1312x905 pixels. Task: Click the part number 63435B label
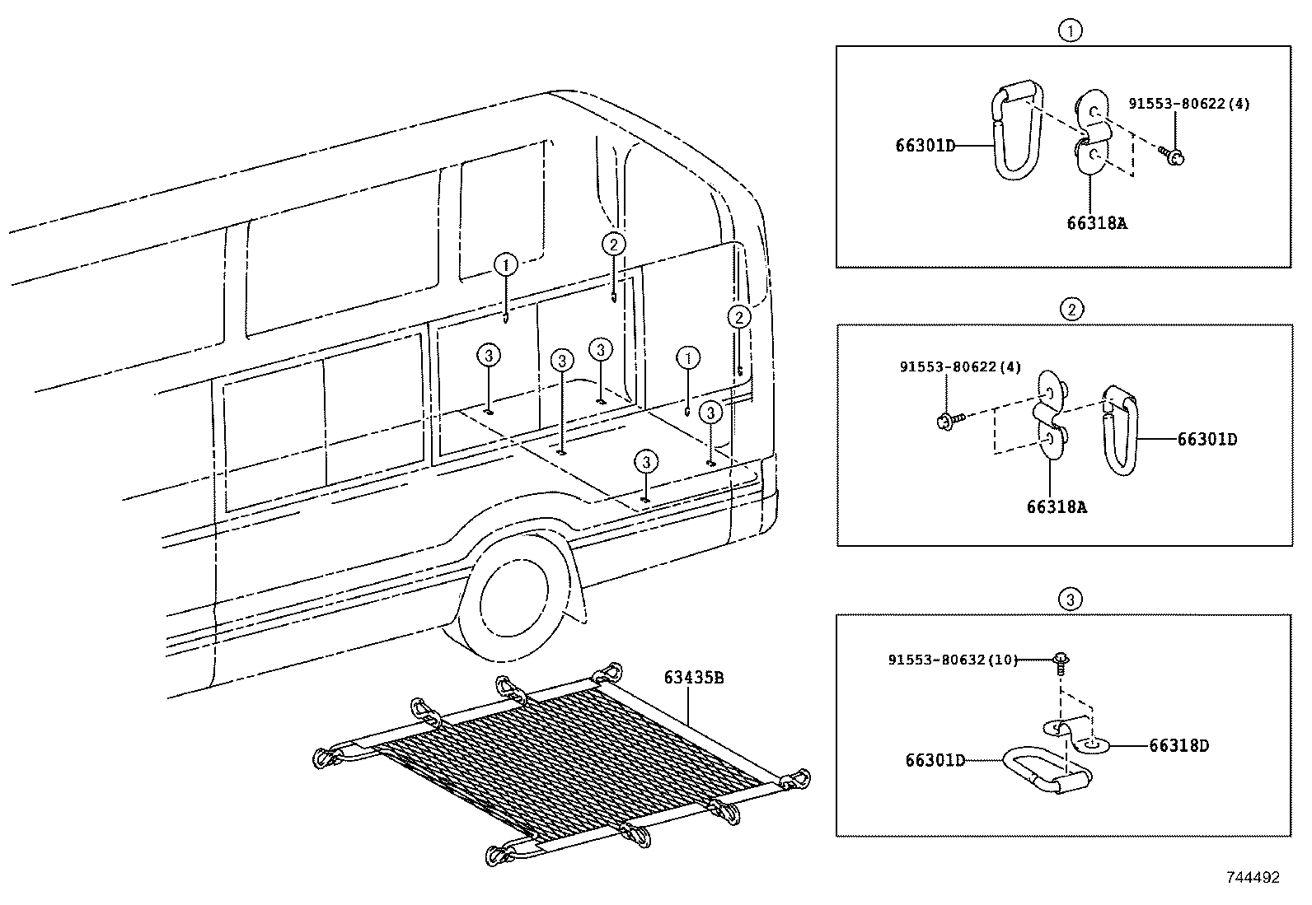693,678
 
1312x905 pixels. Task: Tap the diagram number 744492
1253,878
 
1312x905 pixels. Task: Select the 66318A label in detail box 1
1096,223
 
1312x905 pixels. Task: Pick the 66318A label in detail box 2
1057,507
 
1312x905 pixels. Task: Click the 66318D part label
1178,746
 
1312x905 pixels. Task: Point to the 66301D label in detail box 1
925,146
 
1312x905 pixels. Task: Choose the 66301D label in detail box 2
1207,440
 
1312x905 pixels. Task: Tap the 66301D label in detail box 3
935,760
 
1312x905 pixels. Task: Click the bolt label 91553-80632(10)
953,660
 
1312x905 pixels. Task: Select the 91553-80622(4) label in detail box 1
1189,104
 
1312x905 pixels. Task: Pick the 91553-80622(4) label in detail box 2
960,367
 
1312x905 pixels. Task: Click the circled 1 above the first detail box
1071,30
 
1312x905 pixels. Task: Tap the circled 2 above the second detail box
1072,309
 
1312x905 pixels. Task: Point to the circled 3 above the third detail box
1071,599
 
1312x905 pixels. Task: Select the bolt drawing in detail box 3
1060,664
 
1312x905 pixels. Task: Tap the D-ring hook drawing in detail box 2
1120,430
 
